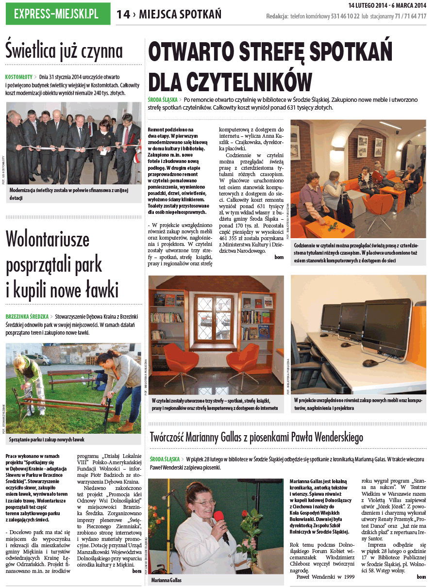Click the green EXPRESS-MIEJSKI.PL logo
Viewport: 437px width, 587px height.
58,15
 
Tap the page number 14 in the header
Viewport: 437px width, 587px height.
123,15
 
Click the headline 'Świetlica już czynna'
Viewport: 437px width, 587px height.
64,50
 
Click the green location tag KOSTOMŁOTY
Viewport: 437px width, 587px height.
19,77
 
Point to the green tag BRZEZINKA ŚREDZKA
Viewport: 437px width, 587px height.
27,316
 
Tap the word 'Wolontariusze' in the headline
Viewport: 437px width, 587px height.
48,239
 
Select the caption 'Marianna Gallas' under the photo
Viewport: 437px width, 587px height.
166,580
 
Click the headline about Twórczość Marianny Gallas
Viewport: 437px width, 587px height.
256,438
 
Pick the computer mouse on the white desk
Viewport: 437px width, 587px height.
370,362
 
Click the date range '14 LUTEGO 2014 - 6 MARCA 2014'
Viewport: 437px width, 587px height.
387,5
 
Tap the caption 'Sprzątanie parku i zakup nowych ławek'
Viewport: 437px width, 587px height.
47,440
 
